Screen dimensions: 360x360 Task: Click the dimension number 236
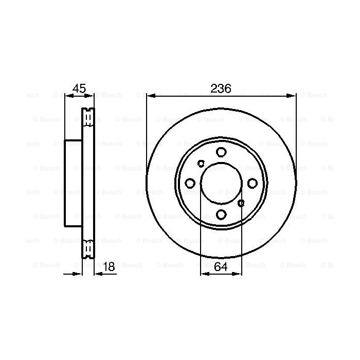pos(221,88)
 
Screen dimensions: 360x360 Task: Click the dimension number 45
pos(79,88)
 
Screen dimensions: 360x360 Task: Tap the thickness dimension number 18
pos(109,266)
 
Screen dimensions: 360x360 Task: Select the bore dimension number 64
pos(221,266)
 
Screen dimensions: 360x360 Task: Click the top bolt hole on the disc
pos(221,152)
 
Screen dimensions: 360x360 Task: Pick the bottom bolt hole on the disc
pos(221,214)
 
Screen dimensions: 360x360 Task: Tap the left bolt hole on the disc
pos(190,183)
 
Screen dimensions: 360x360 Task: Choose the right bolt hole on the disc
pos(253,183)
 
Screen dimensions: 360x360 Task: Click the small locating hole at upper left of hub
pos(201,164)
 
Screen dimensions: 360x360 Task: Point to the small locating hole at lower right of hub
pos(241,203)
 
